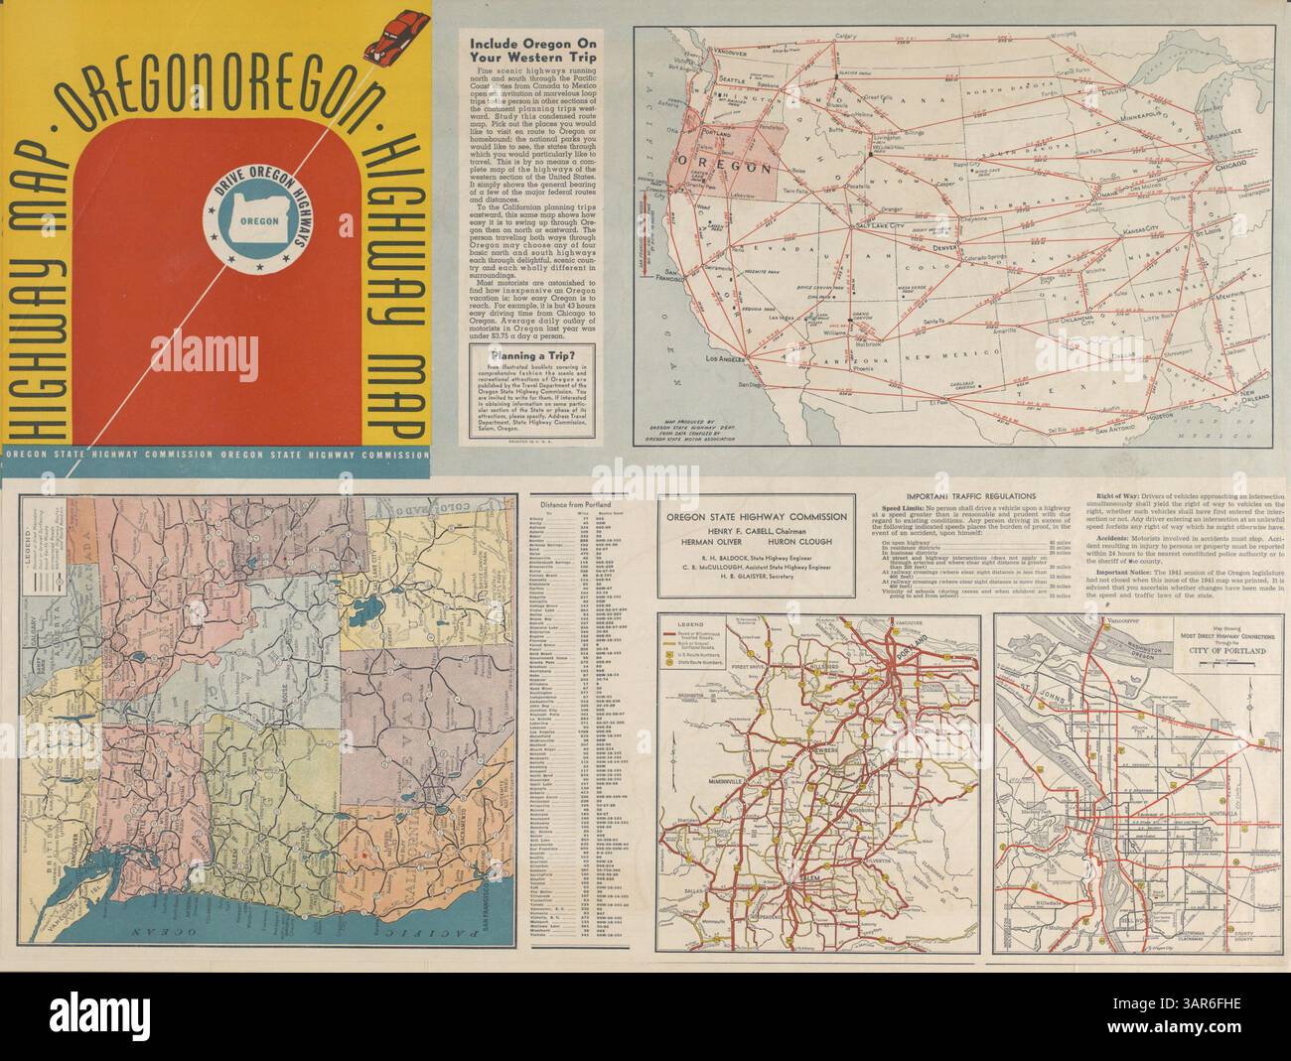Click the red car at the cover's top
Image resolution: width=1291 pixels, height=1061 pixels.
(x=389, y=31)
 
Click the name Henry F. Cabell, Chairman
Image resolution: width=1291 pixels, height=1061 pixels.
(x=757, y=531)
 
